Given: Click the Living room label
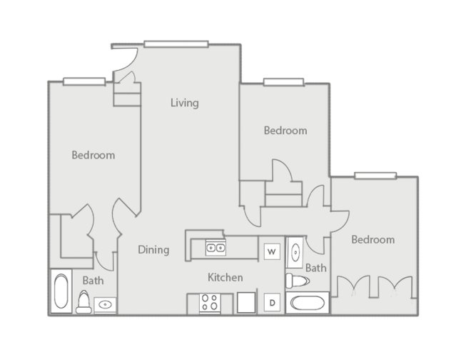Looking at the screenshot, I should point(184,103).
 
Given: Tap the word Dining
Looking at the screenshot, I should point(153,250).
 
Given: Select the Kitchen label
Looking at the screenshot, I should point(225,277).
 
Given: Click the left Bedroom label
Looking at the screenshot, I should point(93,155).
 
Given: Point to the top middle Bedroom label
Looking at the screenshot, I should point(285,131).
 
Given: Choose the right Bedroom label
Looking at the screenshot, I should point(373,240).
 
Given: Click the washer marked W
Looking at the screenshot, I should point(271,251).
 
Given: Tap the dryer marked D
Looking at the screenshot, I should point(272,303).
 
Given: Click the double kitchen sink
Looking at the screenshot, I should point(216,248).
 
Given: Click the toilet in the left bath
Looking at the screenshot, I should point(83,302).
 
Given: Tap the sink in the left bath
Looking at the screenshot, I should point(106,305).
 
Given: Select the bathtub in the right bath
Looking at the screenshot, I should point(308,303).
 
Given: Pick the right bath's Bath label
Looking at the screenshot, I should point(316,269).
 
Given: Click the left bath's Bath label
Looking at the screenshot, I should point(92,281).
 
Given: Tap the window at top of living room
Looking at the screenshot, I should point(176,44).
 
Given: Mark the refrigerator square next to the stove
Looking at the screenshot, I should point(246,303).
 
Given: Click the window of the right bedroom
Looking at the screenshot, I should point(375,175).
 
